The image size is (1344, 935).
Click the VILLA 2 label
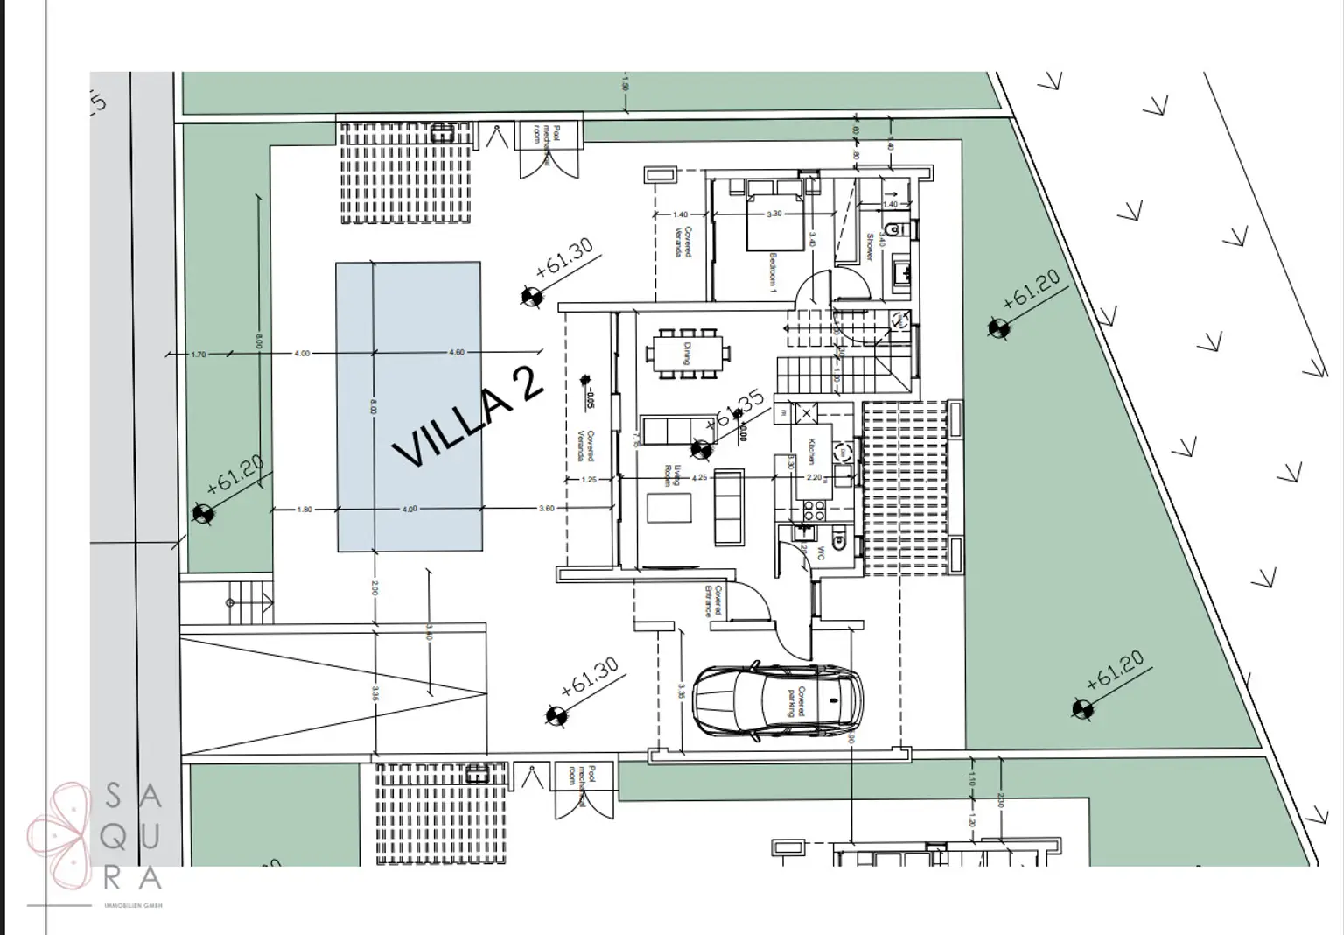469,417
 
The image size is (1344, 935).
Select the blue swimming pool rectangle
409,406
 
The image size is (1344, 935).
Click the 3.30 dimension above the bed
774,214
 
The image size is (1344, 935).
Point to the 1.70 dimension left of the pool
199,355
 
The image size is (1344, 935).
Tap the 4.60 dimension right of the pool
456,353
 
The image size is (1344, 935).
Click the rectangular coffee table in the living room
668,508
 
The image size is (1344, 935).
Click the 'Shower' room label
870,247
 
